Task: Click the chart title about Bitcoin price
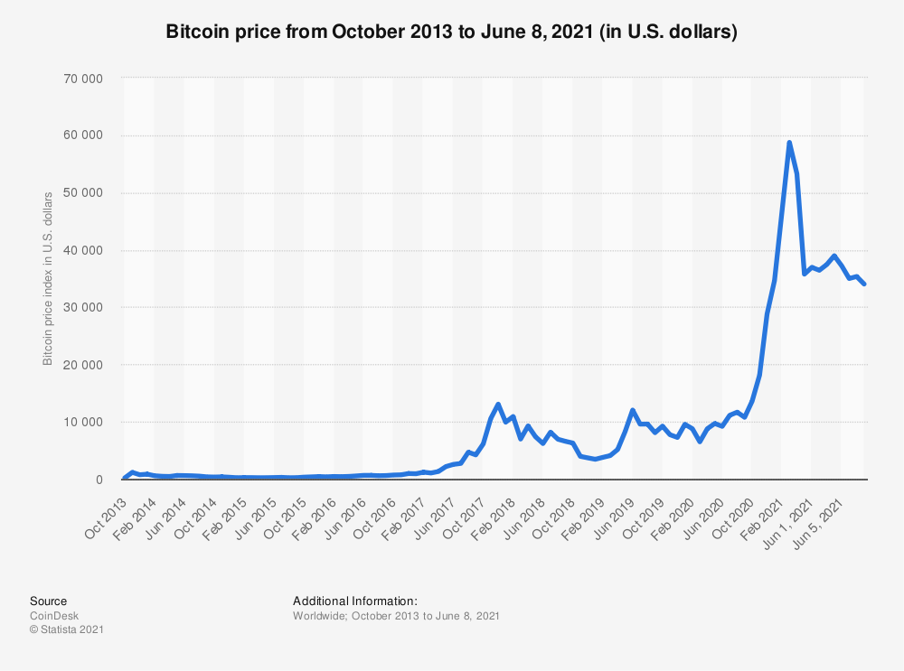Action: pyautogui.click(x=452, y=32)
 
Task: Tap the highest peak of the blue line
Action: pyautogui.click(x=789, y=143)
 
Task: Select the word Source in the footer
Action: pyautogui.click(x=48, y=601)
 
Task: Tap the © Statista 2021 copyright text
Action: pyautogui.click(x=67, y=629)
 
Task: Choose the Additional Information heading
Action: pyautogui.click(x=355, y=601)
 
